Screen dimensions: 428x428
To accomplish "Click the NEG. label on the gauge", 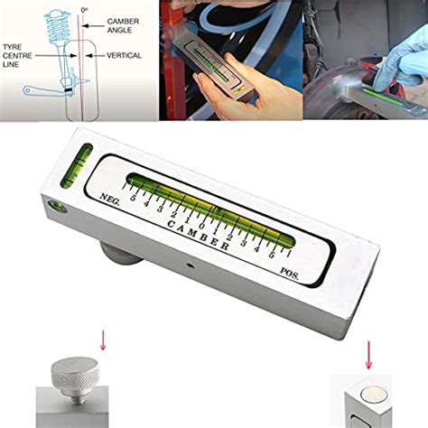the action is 109,200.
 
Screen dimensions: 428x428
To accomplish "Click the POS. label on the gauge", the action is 290,274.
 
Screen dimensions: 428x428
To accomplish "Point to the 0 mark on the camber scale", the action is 202,226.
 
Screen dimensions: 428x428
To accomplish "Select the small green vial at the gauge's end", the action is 77,165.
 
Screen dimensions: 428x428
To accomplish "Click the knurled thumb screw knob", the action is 74,374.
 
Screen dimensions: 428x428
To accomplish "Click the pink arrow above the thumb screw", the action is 103,340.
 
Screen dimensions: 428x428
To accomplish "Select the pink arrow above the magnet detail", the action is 368,355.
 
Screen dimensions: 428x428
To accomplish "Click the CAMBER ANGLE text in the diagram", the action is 123,25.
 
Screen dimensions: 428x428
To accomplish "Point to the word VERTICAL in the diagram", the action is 124,55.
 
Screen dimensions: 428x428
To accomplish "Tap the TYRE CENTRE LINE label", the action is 17,56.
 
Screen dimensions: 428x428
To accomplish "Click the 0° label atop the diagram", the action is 84,10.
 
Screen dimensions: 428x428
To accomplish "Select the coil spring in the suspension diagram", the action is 57,26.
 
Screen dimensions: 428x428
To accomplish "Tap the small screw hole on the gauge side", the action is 190,265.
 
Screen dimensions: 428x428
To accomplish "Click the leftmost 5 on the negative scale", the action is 133,198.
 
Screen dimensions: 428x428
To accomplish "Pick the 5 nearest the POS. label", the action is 271,255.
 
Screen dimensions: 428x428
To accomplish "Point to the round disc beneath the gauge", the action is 120,252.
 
